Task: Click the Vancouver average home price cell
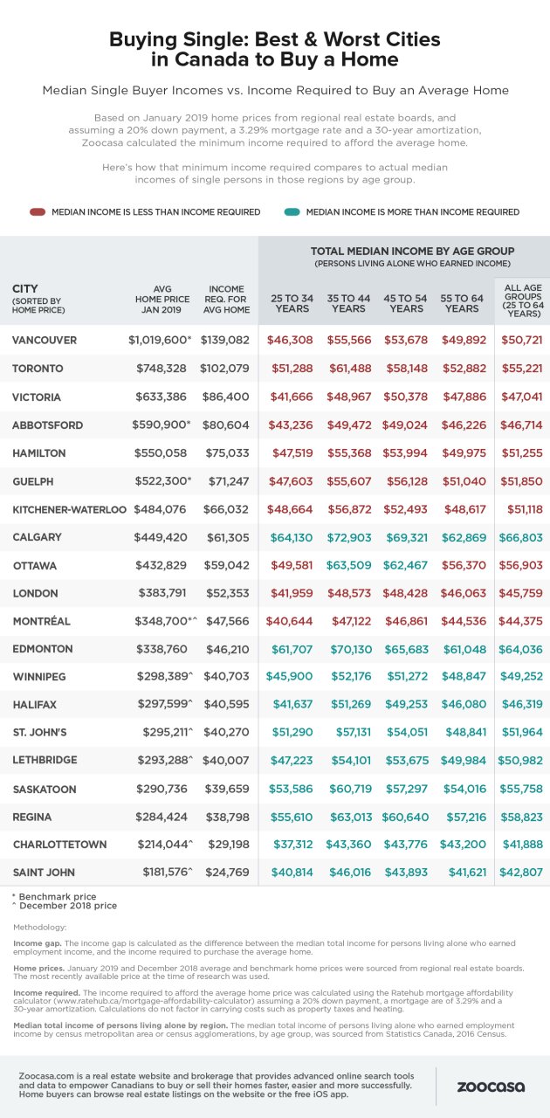(160, 340)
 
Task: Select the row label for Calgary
(38, 537)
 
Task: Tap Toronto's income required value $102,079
(224, 369)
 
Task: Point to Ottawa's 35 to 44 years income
(349, 565)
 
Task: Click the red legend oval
(38, 211)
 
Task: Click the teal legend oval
(292, 211)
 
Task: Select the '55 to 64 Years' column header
(462, 303)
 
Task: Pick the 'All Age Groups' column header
(523, 300)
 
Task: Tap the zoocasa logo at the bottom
(491, 1087)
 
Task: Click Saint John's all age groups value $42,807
(521, 872)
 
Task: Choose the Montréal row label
(41, 621)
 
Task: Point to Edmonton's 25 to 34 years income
(292, 649)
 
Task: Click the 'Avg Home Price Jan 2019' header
(162, 299)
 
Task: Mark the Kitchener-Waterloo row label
(69, 509)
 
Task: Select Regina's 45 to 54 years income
(405, 817)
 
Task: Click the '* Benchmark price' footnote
(54, 896)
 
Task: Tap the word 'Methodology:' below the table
(39, 927)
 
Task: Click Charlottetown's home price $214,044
(165, 844)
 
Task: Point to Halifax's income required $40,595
(227, 704)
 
